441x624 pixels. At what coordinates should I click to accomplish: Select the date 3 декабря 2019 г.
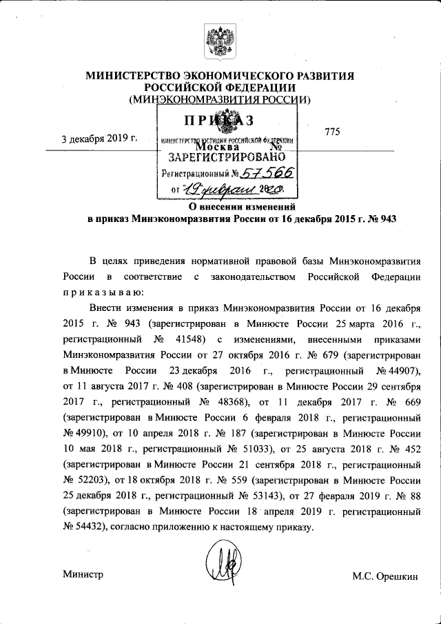[x=99, y=139]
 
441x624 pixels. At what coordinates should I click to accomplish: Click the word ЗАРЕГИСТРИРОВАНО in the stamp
[x=227, y=157]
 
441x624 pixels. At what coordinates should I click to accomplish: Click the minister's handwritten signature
[x=225, y=569]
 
